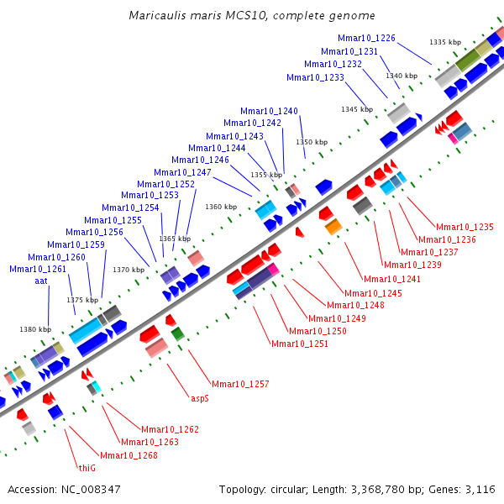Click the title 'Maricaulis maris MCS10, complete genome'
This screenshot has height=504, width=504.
coord(252,15)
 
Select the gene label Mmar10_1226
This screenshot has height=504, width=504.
coord(366,38)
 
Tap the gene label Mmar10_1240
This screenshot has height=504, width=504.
coord(269,111)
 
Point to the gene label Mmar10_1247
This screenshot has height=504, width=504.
coord(182,172)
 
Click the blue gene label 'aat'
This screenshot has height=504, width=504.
coord(41,281)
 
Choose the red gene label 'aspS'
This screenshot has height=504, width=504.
coord(200,398)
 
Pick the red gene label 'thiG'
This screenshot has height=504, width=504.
coord(87,468)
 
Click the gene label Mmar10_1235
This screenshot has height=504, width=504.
coord(465,227)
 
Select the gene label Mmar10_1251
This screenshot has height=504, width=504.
coord(300,344)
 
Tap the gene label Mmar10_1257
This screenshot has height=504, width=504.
coord(240,384)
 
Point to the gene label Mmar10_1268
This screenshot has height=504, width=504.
coord(129,455)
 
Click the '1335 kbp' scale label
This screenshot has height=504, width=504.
coord(445,42)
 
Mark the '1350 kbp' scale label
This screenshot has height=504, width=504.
coord(312,142)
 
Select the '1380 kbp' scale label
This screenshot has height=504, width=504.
coord(35,329)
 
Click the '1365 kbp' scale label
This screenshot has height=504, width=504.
coord(175,239)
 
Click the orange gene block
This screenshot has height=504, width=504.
coord(333,227)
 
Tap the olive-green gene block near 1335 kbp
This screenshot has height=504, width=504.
coord(468,60)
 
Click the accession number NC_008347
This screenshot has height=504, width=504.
coord(91,489)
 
